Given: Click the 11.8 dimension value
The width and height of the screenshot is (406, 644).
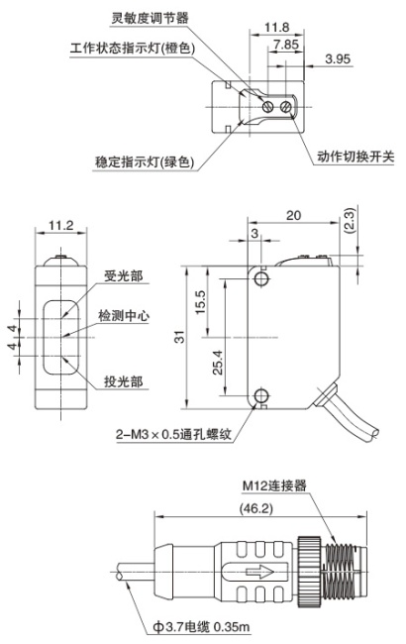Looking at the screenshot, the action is click(276, 28).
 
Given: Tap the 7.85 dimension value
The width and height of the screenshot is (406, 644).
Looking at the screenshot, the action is click(286, 45).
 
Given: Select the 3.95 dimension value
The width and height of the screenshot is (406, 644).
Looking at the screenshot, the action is click(338, 58).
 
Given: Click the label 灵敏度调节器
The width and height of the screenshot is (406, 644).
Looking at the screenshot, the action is click(151, 18).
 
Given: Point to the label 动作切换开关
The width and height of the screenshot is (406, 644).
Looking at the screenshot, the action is click(355, 157).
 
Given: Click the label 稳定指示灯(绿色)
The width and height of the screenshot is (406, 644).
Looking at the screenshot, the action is click(145, 161).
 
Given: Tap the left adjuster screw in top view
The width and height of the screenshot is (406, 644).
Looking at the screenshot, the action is click(267, 107).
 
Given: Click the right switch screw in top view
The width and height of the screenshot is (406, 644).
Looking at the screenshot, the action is click(286, 107).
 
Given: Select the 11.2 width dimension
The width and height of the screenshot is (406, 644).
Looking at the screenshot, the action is click(60, 225).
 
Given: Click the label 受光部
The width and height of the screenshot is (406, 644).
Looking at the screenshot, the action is click(123, 275).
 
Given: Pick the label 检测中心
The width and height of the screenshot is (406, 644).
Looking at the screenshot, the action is click(124, 315).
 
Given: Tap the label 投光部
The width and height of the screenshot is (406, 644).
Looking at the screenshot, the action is click(123, 381).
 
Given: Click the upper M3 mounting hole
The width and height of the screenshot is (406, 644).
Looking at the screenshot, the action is click(260, 278).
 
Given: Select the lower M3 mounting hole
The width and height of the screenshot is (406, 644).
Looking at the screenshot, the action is click(260, 395).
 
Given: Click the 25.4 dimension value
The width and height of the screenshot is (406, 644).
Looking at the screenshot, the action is click(217, 362).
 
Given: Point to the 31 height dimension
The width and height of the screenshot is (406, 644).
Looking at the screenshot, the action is click(179, 337).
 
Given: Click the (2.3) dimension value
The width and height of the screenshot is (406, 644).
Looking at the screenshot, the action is click(350, 221).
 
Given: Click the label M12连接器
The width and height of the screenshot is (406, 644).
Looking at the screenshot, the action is click(274, 485).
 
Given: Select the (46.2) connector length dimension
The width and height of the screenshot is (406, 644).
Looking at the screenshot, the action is click(256, 509).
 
